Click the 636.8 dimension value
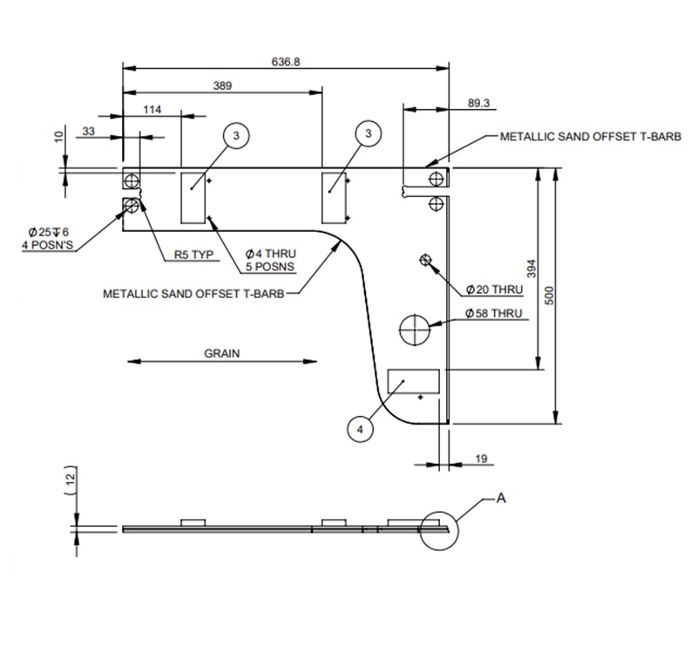[x=286, y=62]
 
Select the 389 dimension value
[x=222, y=85]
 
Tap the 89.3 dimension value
[x=478, y=103]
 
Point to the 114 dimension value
[x=152, y=109]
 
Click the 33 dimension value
[x=89, y=131]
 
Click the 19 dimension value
[x=482, y=459]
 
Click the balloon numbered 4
[x=359, y=429]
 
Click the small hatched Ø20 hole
[x=425, y=260]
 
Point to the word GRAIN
[x=221, y=354]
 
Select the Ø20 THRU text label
[x=494, y=289]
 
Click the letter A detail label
[x=501, y=498]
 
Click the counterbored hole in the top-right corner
[x=433, y=178]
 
